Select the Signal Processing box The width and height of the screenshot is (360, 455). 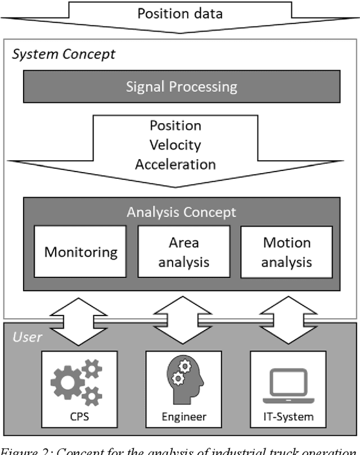coord(181,87)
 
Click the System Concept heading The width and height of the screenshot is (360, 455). coord(64,54)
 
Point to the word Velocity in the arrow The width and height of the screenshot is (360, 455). coord(175,145)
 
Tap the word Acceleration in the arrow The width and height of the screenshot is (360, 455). coord(175,164)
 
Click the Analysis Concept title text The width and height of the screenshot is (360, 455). coord(181,212)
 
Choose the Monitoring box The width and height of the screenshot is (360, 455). coord(81,251)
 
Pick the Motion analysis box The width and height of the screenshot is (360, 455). coord(286,251)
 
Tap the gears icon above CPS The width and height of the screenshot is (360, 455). coord(76,381)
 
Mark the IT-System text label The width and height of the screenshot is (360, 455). coord(289,417)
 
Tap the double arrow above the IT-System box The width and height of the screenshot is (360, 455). coord(289,320)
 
